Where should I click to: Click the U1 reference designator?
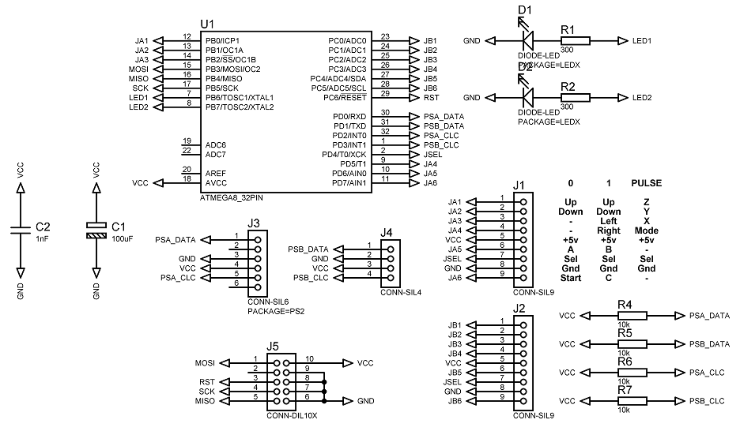(x=207, y=24)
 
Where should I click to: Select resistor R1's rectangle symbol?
(x=575, y=41)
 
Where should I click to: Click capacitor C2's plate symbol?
(x=21, y=230)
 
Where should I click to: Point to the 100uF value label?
(x=123, y=239)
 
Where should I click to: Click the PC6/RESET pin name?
(x=345, y=98)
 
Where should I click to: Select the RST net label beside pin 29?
(x=432, y=98)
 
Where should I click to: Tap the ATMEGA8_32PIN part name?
(x=232, y=198)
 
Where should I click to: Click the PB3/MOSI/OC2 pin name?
(x=232, y=69)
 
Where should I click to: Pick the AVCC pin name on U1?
(x=216, y=183)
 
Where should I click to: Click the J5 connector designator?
(x=273, y=347)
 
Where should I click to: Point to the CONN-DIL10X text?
(x=293, y=416)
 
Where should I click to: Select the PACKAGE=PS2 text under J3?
(x=276, y=311)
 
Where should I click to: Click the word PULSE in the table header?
(x=647, y=183)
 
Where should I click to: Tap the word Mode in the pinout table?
(x=647, y=230)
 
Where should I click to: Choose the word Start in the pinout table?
(x=571, y=278)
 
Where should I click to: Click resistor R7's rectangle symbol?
(x=632, y=401)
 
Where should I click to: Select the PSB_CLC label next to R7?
(x=707, y=401)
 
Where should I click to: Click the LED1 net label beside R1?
(x=642, y=41)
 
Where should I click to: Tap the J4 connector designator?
(x=387, y=232)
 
